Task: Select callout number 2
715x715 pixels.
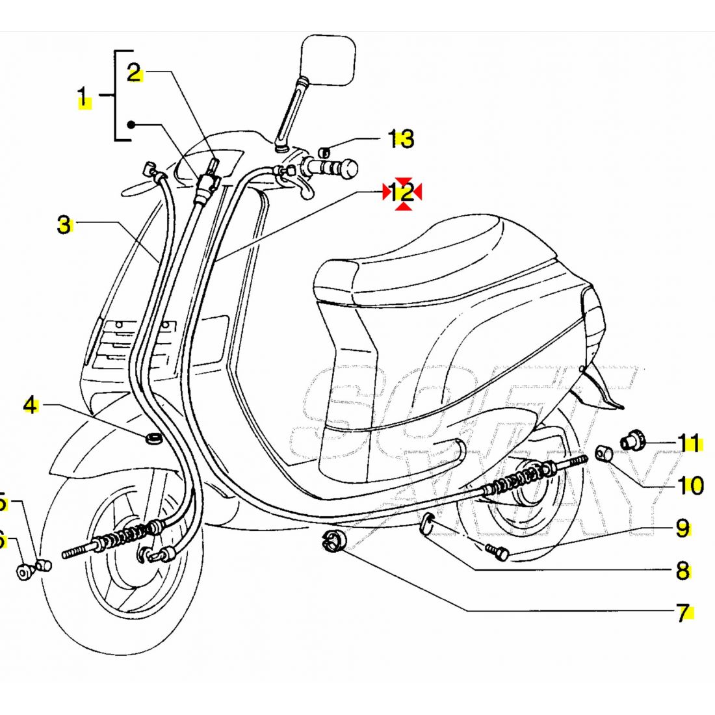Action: click(134, 73)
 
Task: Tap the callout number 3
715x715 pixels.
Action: click(64, 225)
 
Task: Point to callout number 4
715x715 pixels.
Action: click(30, 406)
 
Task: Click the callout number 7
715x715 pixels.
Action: click(682, 612)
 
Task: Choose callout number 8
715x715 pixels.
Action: click(682, 571)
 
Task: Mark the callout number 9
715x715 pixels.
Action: click(682, 528)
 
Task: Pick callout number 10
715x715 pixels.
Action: click(690, 485)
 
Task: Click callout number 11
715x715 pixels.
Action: click(690, 443)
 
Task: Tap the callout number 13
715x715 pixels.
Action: click(401, 138)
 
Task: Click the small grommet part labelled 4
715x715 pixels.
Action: click(154, 437)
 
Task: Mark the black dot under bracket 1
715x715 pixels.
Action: click(131, 124)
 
